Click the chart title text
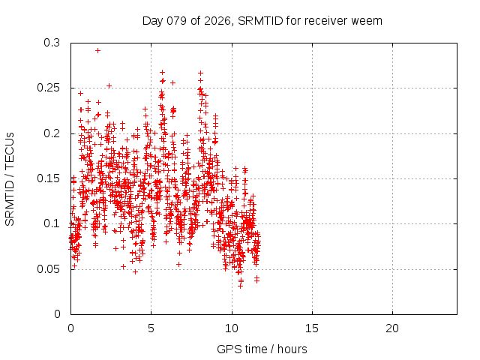[262, 20]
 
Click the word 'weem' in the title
[367, 20]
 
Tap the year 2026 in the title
[216, 20]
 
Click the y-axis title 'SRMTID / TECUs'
[10, 178]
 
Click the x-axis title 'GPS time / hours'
[262, 349]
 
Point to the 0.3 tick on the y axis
[52, 43]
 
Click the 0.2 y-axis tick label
[52, 133]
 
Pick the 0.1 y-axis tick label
[52, 223]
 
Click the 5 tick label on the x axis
[151, 328]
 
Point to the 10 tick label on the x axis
[232, 328]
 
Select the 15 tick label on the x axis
[312, 328]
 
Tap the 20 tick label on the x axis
[392, 328]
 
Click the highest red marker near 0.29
[98, 50]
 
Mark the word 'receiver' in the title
[328, 20]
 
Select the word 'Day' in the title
[153, 20]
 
